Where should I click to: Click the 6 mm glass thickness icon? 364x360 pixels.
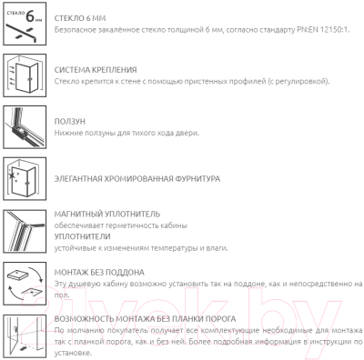click(x=25, y=24)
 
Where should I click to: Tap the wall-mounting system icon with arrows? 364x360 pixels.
click(x=25, y=75)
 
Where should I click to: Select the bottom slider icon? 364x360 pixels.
click(x=25, y=127)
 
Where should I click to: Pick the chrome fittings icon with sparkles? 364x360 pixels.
click(x=25, y=179)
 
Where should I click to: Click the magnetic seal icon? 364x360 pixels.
click(x=25, y=231)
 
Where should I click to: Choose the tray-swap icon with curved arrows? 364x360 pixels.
click(x=25, y=284)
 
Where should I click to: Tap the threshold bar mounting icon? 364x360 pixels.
click(x=25, y=336)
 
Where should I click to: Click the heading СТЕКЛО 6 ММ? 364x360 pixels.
click(x=80, y=18)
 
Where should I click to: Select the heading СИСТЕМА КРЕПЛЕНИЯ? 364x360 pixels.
click(x=96, y=70)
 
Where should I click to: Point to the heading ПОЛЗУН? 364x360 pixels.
click(x=70, y=122)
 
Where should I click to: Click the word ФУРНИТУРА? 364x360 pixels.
click(x=197, y=179)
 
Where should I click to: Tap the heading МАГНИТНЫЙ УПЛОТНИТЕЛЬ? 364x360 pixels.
click(x=107, y=215)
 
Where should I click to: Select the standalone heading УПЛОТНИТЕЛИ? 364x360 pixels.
click(x=83, y=236)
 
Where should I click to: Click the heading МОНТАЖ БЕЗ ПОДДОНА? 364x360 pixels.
click(x=99, y=273)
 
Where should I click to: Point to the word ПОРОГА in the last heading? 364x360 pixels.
click(x=220, y=319)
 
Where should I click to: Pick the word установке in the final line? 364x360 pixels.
click(x=73, y=354)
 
